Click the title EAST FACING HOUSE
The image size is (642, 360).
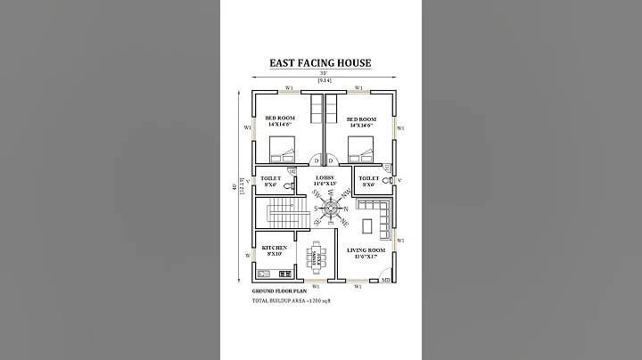click(x=320, y=63)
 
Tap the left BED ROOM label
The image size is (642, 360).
click(x=280, y=122)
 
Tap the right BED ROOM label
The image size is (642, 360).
click(x=361, y=122)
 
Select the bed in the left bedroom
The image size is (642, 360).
click(x=281, y=147)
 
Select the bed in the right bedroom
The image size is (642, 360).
click(x=360, y=147)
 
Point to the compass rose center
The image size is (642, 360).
click(x=331, y=210)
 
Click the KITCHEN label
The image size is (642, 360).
click(x=274, y=250)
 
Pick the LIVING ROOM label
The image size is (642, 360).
click(x=366, y=254)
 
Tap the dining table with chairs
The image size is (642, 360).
click(x=317, y=257)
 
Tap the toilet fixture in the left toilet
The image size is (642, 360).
click(x=286, y=186)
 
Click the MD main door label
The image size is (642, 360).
click(x=385, y=281)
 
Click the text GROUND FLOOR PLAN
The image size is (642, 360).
click(x=280, y=290)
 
